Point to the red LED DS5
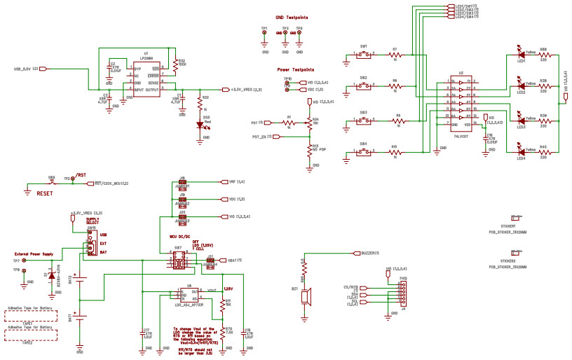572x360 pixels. tap(200, 125)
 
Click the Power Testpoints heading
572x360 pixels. tap(296, 70)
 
